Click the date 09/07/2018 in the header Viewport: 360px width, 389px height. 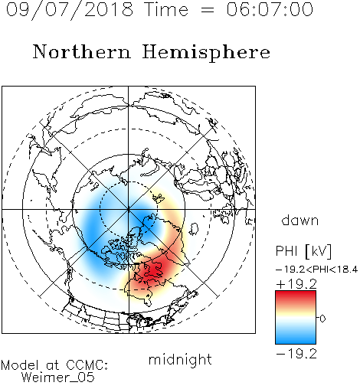pyautogui.click(x=70, y=10)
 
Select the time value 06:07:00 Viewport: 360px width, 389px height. pyautogui.click(x=270, y=9)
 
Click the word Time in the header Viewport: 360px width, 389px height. pyautogui.click(x=166, y=9)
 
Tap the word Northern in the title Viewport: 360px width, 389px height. pyautogui.click(x=82, y=52)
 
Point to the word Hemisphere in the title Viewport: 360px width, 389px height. pyautogui.click(x=206, y=53)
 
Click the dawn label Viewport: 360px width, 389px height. pyautogui.click(x=300, y=220)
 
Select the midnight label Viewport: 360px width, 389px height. pyautogui.click(x=180, y=360)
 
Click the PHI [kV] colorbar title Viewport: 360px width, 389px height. pyautogui.click(x=303, y=251)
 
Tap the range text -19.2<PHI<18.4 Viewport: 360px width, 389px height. pyautogui.click(x=316, y=270)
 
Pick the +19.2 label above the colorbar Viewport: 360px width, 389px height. pyautogui.click(x=296, y=284)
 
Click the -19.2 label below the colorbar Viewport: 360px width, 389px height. pyautogui.click(x=296, y=354)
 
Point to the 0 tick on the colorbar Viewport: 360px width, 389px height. pyautogui.click(x=322, y=319)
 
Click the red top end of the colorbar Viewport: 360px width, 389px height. pyautogui.click(x=296, y=293)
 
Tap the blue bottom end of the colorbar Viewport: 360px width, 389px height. pyautogui.click(x=296, y=342)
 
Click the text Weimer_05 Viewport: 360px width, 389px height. pyautogui.click(x=58, y=378)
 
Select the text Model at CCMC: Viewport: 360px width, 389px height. pyautogui.click(x=54, y=365)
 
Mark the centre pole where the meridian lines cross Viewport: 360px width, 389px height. pyautogui.click(x=129, y=210)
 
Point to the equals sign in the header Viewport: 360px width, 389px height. pyautogui.click(x=208, y=10)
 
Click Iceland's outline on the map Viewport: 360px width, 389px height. pyautogui.click(x=194, y=229)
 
